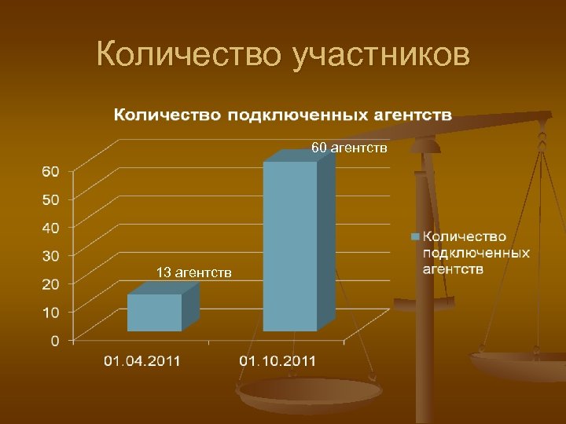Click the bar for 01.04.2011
coord(155,312)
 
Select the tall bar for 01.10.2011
coord(290,245)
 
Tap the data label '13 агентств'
coord(193,272)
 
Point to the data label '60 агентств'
coord(349,148)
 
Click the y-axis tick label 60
coord(50,171)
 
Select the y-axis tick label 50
coord(50,199)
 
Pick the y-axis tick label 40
coord(50,228)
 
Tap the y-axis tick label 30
coord(50,256)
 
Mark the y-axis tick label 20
coord(50,284)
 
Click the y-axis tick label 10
coord(50,313)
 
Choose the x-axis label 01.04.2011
coord(143,361)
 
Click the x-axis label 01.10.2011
coord(277,361)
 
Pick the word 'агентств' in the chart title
coord(412,115)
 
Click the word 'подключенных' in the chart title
coord(298,115)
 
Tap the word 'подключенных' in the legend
coord(476,253)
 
